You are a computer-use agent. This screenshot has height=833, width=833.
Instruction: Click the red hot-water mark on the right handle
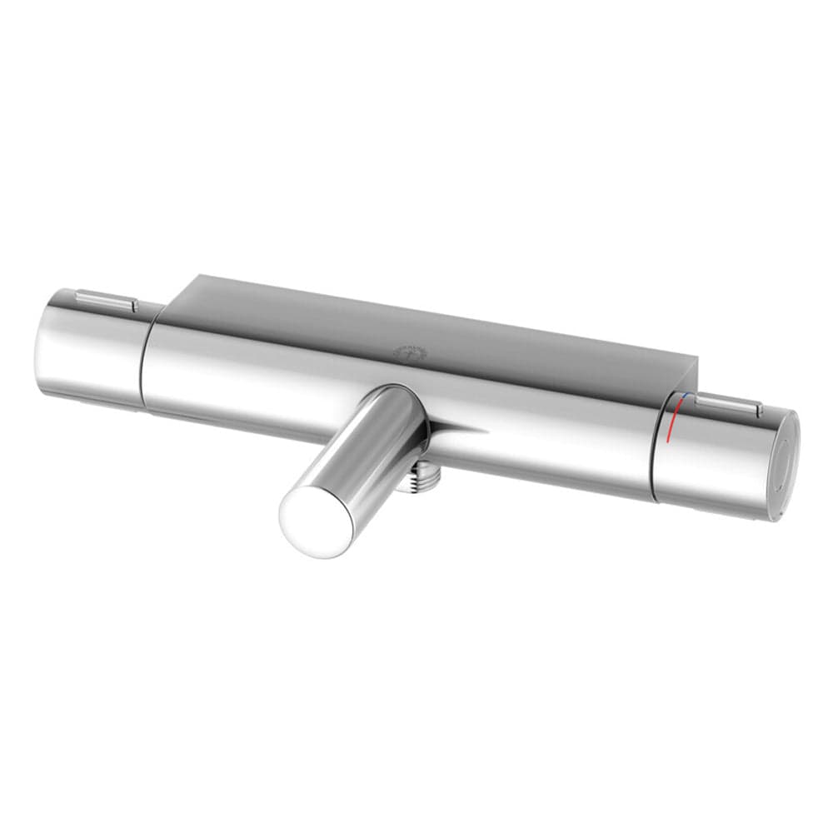coord(675,421)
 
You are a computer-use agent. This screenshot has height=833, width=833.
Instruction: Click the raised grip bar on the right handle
coord(730,406)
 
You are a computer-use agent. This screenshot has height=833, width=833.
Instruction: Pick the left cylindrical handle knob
coord(87,350)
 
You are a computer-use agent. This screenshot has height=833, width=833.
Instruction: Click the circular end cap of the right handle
coord(786,466)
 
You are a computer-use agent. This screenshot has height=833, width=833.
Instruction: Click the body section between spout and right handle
coord(550,441)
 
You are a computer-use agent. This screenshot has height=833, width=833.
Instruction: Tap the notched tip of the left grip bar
coord(133,306)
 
